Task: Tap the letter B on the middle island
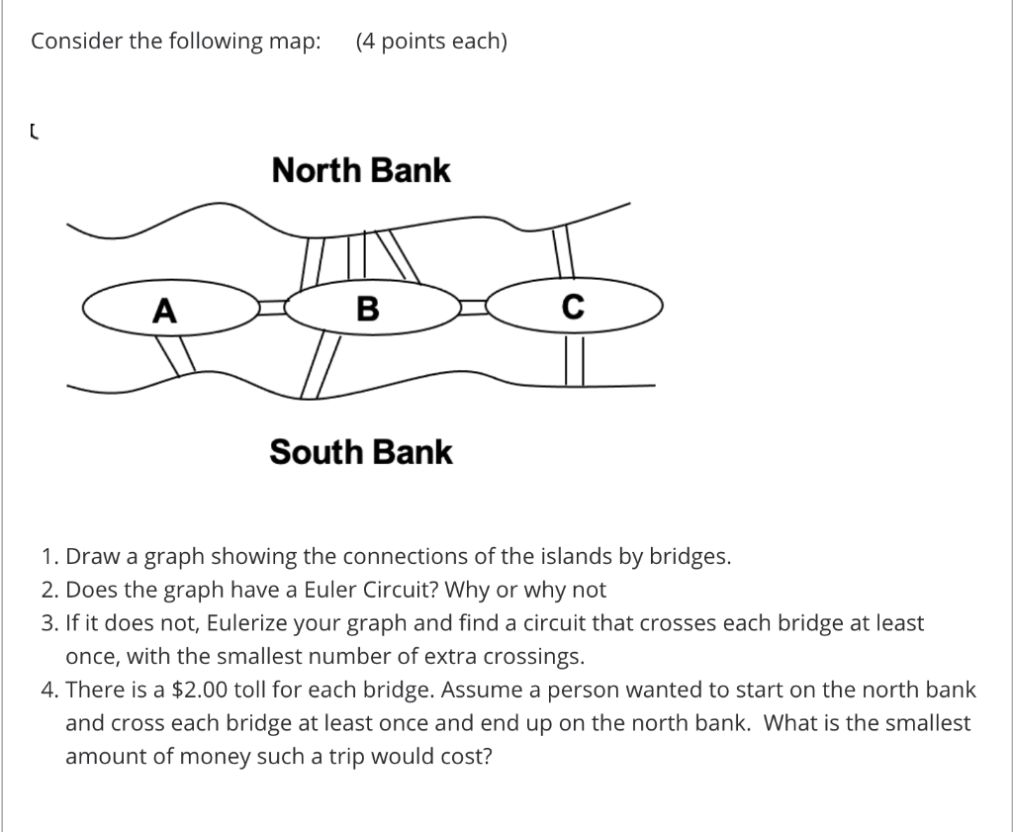(x=367, y=310)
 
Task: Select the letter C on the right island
(x=573, y=308)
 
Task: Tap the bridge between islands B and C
(x=475, y=308)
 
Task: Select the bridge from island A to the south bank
(x=177, y=356)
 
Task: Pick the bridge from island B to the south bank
(x=322, y=366)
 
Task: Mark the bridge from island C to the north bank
(x=563, y=253)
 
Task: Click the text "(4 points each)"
(x=431, y=42)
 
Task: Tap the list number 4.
(x=48, y=690)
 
